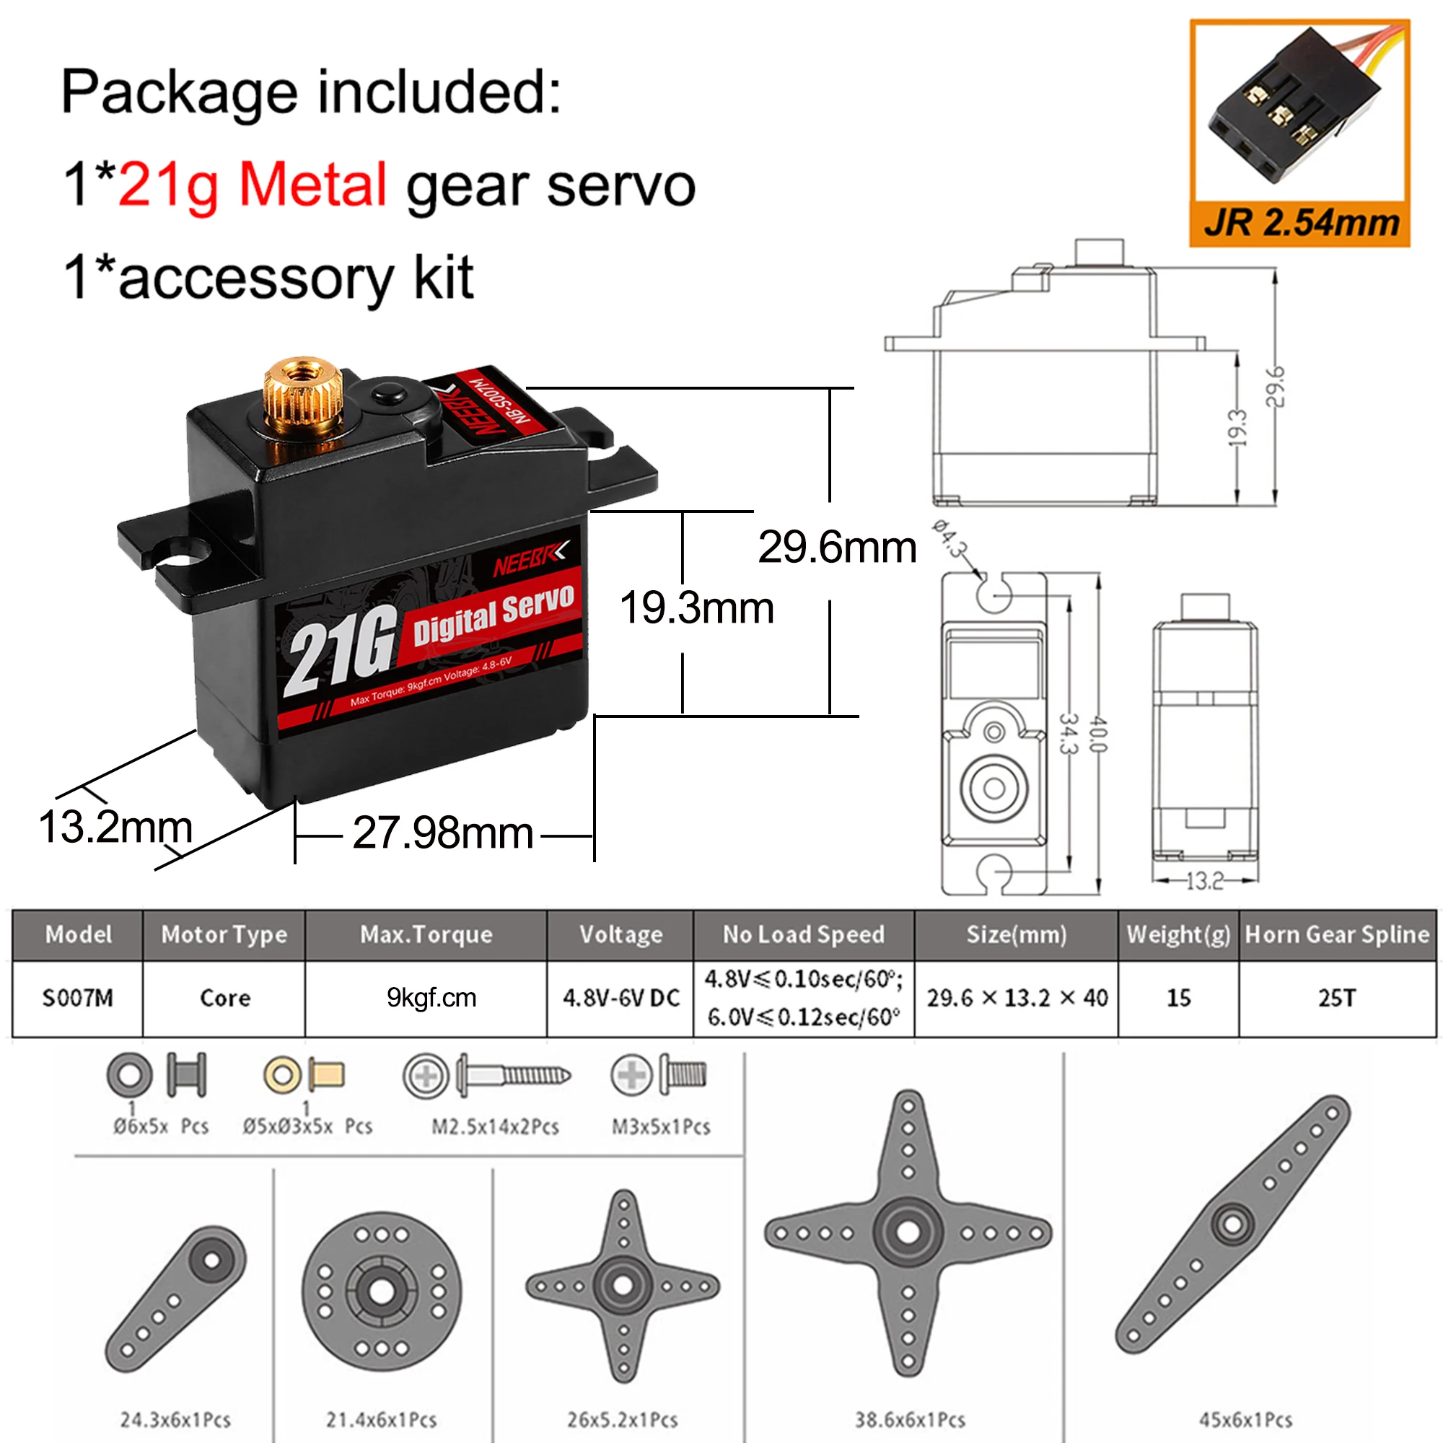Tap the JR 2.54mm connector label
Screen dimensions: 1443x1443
coord(1301,222)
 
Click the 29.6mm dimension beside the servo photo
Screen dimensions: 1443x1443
coord(837,547)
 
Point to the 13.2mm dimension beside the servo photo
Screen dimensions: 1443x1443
coord(115,828)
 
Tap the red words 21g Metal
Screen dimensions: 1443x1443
coord(253,186)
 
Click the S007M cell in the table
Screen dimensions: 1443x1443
coord(78,998)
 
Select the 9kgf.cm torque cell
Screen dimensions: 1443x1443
coord(431,998)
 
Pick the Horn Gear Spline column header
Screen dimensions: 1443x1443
coord(1337,934)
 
